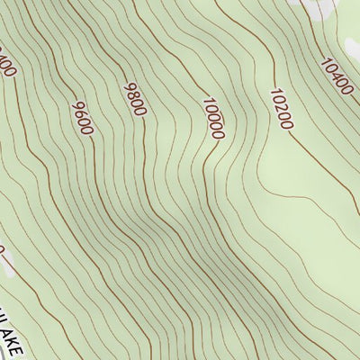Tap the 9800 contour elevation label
point(134,98)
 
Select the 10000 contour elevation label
point(213,118)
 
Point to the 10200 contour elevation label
point(281,108)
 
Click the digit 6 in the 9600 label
point(78,113)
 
